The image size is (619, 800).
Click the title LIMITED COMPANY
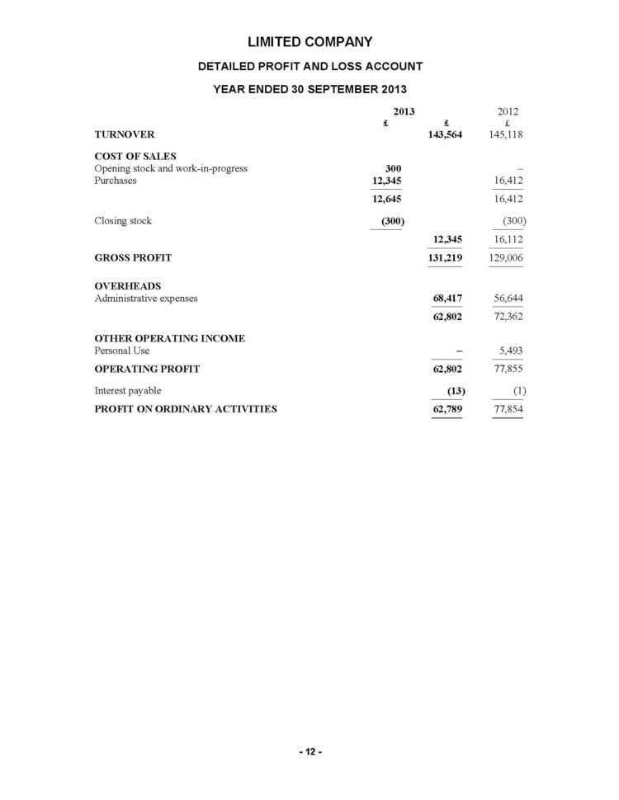(309, 41)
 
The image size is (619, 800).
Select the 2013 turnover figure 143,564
(446, 134)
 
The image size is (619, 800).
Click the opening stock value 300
(393, 168)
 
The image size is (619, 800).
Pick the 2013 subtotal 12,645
(387, 199)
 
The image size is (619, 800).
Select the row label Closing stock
(123, 221)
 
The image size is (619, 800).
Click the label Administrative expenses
(146, 298)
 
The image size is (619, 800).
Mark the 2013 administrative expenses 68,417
(447, 298)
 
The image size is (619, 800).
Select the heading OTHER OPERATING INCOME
(170, 338)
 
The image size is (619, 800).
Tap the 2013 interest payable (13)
(452, 390)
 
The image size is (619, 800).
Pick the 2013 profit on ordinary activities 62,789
(447, 408)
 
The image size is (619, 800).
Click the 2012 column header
(508, 111)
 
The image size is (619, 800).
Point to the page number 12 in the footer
(309, 751)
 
